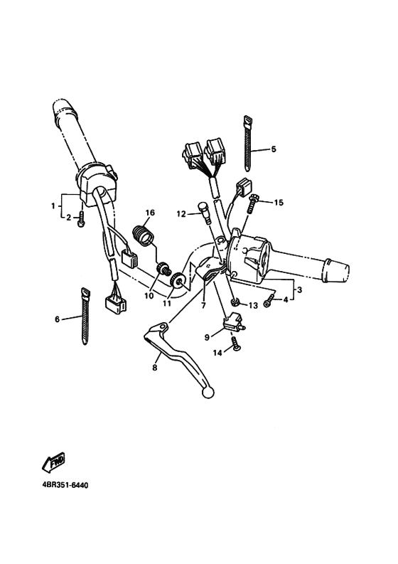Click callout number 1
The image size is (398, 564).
point(53,206)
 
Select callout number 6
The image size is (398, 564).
point(57,319)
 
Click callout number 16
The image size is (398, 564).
point(150,213)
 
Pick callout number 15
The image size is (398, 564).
point(279,203)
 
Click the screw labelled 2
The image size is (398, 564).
point(83,220)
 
